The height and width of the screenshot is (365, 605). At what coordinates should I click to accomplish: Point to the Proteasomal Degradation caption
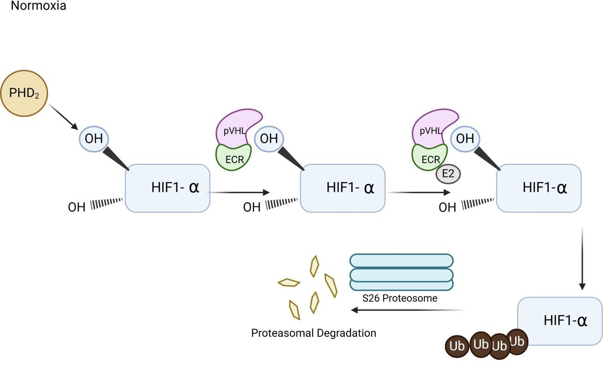314,332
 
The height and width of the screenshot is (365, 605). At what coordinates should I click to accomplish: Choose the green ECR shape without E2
234,156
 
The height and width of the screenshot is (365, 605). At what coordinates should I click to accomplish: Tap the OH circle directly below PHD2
94,138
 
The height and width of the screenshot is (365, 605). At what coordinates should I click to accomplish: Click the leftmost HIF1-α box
167,188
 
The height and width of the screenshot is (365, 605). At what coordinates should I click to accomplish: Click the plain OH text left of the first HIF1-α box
77,207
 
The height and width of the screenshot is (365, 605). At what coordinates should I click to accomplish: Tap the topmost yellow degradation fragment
314,265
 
